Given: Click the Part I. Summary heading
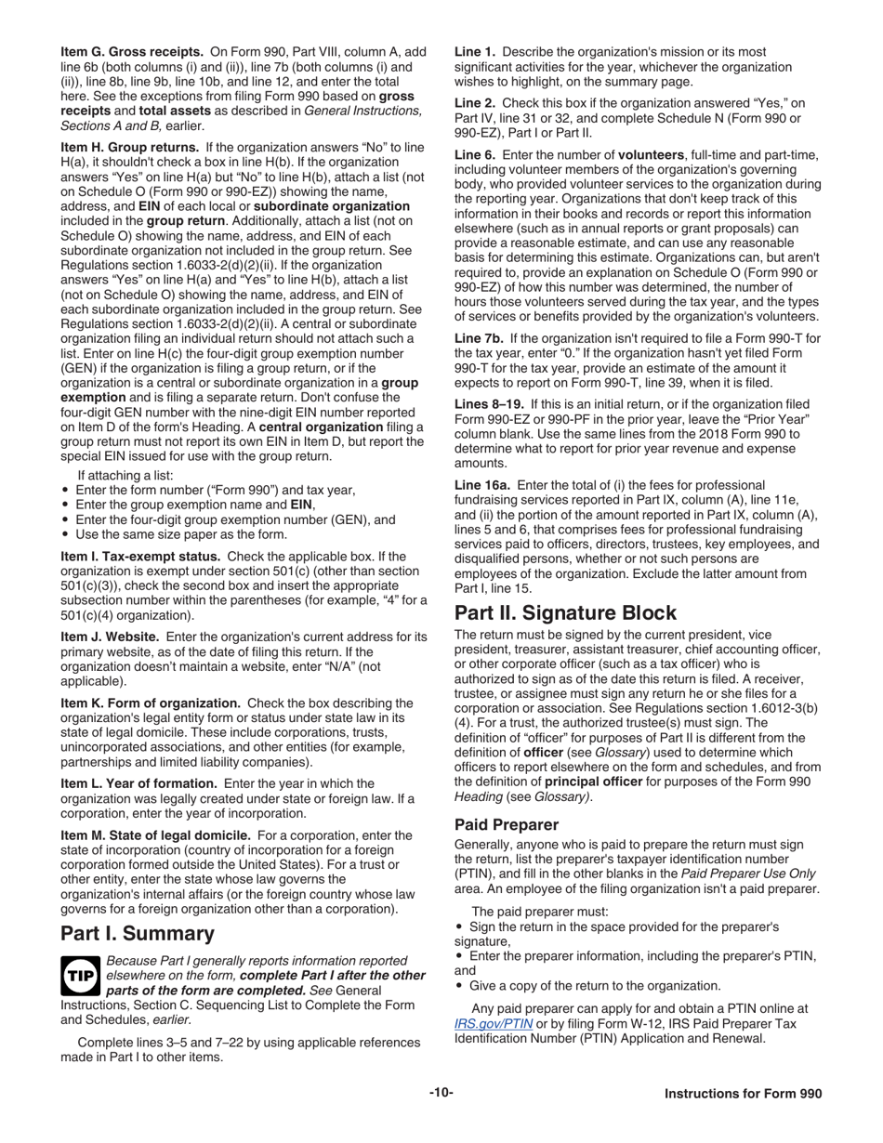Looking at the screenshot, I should coord(138,933).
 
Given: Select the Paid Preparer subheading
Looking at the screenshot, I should coord(507,824).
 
